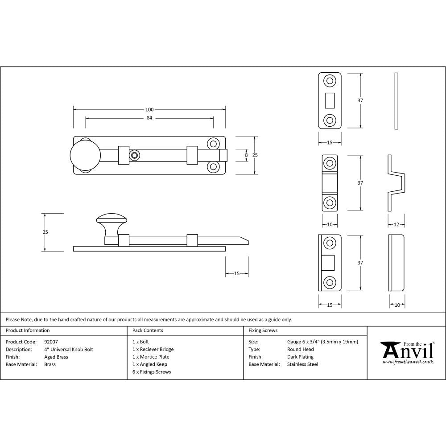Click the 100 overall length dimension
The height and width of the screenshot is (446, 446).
pyautogui.click(x=149, y=109)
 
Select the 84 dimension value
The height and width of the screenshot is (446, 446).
pyautogui.click(x=149, y=118)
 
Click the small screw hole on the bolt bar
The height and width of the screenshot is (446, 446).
pyautogui.click(x=134, y=155)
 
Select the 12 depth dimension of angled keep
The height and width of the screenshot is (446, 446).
pyautogui.click(x=396, y=224)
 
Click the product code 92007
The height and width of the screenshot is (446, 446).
pyautogui.click(x=51, y=342)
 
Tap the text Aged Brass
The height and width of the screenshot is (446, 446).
pyautogui.click(x=56, y=357)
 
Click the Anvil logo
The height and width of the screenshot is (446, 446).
pyautogui.click(x=406, y=351)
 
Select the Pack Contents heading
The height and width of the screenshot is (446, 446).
pyautogui.click(x=148, y=330)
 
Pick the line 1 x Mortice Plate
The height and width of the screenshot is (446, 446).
pyautogui.click(x=151, y=357)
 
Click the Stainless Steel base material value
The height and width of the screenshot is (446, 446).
pyautogui.click(x=302, y=364)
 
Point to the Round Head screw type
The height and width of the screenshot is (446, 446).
pyautogui.click(x=300, y=349)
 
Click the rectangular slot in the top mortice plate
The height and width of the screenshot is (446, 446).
pyautogui.click(x=330, y=100)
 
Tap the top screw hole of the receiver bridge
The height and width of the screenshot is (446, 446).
pyautogui.click(x=330, y=163)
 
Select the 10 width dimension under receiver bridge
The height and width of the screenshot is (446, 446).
pyautogui.click(x=330, y=224)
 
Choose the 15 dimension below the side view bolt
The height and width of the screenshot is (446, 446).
pyautogui.click(x=237, y=273)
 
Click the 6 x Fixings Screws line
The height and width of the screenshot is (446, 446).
pyautogui.click(x=152, y=372)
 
